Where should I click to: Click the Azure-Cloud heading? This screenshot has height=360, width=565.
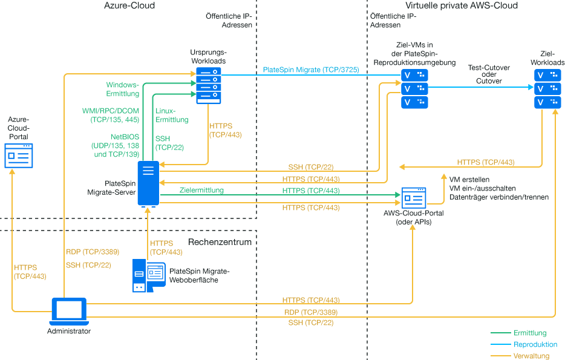click(x=129, y=5)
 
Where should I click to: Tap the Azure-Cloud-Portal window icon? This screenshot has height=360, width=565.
click(x=19, y=155)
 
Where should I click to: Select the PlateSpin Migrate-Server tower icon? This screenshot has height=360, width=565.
click(x=148, y=183)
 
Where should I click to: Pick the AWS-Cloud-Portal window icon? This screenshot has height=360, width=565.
click(x=414, y=198)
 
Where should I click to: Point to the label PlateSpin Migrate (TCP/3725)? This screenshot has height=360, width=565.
click(x=311, y=70)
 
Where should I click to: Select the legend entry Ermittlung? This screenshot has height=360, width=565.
click(x=529, y=333)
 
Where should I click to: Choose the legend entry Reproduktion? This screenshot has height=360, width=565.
click(x=535, y=344)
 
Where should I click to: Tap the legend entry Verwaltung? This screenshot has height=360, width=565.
click(x=531, y=356)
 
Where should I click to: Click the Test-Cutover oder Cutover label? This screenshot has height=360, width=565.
click(x=489, y=74)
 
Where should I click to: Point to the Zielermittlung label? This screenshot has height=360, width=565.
click(x=201, y=190)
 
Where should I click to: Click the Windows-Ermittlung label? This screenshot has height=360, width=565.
click(x=123, y=89)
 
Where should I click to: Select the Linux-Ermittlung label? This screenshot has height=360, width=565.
click(x=172, y=115)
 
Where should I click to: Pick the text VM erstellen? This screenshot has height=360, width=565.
click(x=470, y=180)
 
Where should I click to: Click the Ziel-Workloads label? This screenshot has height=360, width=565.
click(x=547, y=58)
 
